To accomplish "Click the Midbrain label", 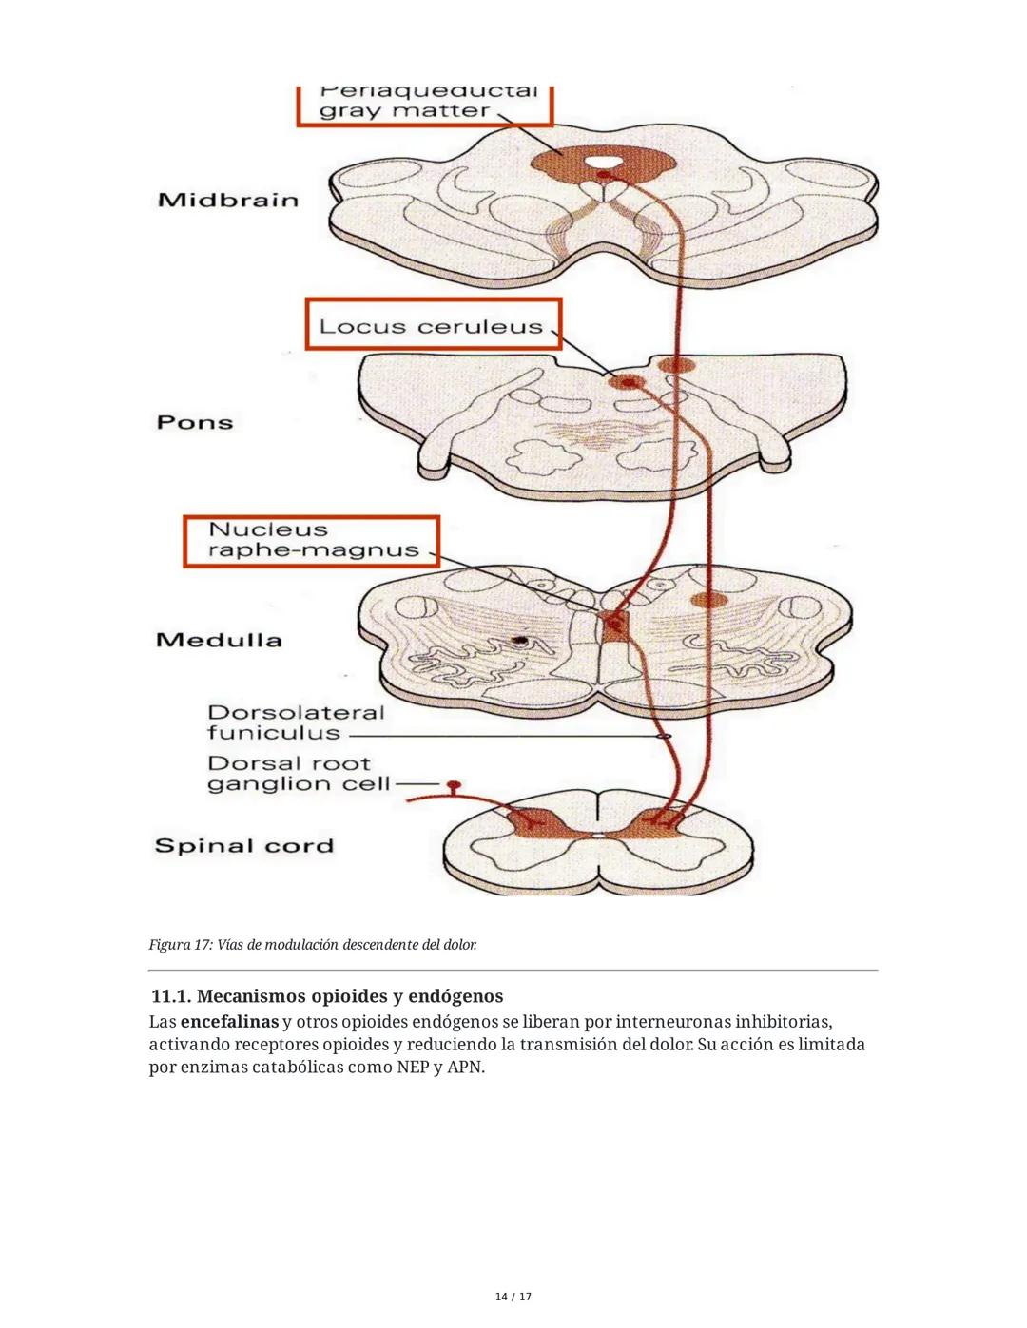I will click(x=228, y=201).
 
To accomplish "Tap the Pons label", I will click(x=195, y=422).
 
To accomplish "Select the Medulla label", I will click(x=219, y=640).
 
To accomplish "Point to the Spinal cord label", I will click(x=244, y=846).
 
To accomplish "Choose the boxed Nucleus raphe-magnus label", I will click(x=313, y=540).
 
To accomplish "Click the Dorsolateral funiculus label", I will click(x=296, y=722).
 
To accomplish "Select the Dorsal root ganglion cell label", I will click(x=299, y=774).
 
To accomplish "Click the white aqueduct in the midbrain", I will click(x=601, y=162).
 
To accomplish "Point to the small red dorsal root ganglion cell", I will click(x=455, y=785).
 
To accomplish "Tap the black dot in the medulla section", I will click(x=520, y=642).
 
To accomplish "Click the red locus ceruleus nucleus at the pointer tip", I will click(x=626, y=382).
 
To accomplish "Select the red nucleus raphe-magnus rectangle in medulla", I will click(x=611, y=624).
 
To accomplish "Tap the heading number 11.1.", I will click(x=171, y=996).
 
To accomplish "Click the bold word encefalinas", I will click(x=229, y=1022).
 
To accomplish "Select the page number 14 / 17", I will click(x=513, y=1297).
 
